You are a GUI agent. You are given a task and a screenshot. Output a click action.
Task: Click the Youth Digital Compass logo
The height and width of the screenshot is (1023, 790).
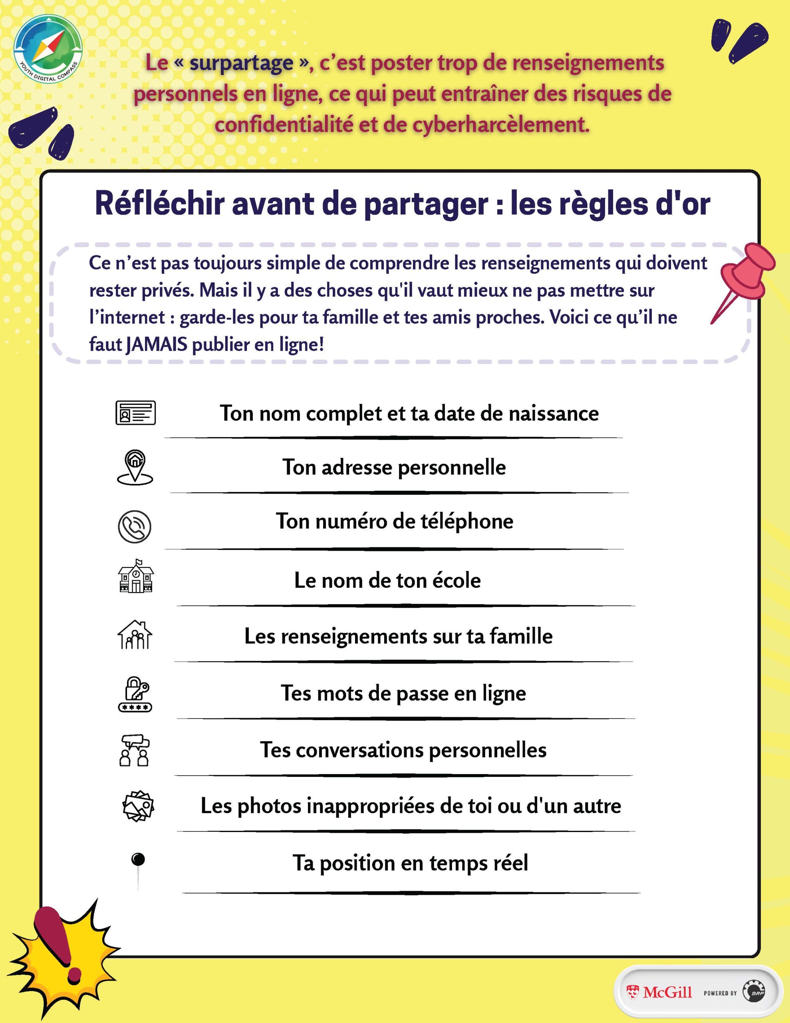[x=48, y=49]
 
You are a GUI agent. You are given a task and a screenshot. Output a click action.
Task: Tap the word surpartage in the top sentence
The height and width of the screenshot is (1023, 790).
[x=241, y=63]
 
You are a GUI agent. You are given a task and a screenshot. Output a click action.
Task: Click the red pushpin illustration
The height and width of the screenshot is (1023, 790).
[x=744, y=277]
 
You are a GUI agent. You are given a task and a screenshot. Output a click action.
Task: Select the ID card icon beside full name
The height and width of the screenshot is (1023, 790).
[x=135, y=413]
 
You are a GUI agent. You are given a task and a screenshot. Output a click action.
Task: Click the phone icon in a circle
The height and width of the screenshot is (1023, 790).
[x=135, y=527]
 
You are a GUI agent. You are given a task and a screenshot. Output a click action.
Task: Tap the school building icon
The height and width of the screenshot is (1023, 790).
[x=135, y=577]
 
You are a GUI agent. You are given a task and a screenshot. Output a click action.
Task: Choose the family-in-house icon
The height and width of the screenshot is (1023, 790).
[x=135, y=635]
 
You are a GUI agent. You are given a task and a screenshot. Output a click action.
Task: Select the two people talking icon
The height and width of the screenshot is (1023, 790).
[x=135, y=750]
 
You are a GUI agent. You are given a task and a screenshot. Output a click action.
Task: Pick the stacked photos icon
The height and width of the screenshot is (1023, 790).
[x=138, y=806]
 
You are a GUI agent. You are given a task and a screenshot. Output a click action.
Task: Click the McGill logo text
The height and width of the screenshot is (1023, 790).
[x=667, y=992]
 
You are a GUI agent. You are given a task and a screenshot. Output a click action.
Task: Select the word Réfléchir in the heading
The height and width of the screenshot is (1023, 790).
[x=159, y=204]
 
